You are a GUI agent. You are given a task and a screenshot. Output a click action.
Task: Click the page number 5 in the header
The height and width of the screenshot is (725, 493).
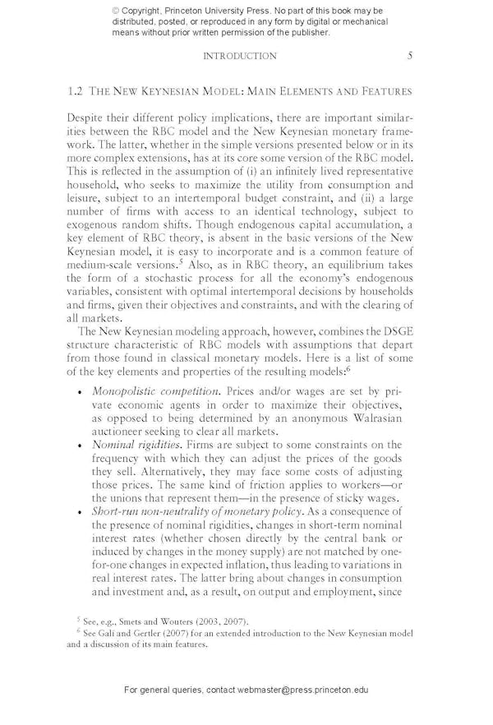click(409, 56)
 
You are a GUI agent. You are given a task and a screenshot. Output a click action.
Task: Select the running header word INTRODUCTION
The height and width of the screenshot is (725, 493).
click(239, 56)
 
